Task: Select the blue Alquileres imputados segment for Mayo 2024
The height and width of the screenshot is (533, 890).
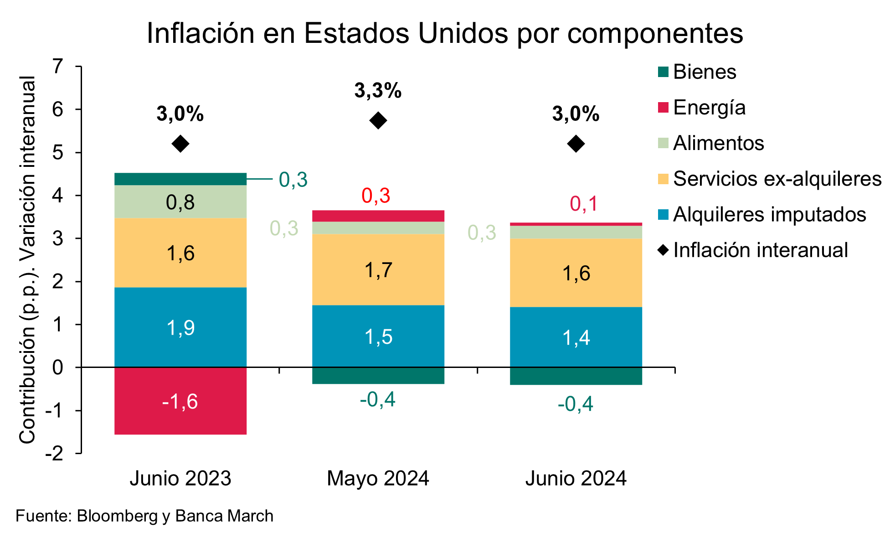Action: click(378, 336)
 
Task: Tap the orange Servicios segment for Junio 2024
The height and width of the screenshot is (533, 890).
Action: click(576, 273)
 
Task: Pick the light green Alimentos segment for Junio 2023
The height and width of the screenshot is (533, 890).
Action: click(180, 202)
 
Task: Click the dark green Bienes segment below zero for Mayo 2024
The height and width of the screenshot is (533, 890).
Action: click(378, 376)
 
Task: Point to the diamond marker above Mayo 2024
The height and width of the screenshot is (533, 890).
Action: click(378, 121)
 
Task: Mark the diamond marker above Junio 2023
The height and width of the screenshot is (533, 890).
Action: click(180, 144)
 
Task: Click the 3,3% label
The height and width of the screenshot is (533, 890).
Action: click(378, 91)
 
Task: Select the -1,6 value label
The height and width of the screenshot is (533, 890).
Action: click(180, 402)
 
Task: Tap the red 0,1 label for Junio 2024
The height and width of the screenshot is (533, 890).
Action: click(584, 204)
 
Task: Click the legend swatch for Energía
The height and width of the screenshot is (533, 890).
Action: click(663, 108)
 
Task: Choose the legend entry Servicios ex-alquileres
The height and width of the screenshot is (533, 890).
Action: click(777, 179)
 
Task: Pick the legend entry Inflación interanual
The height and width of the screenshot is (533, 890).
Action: click(760, 250)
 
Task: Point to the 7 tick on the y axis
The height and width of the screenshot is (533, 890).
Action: click(58, 67)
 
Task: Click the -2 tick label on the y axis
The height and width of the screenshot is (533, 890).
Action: click(54, 454)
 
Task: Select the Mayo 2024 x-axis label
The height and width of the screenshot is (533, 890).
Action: click(378, 479)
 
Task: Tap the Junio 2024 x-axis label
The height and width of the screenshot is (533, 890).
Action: click(576, 479)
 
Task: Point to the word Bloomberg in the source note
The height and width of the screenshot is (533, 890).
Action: click(117, 516)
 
